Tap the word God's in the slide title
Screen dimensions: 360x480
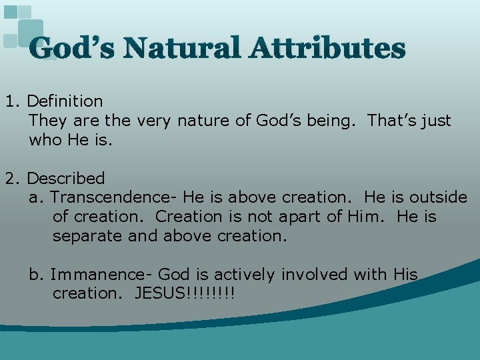coord(71,48)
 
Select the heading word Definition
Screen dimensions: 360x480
coord(65,101)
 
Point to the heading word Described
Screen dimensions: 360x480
coord(66,179)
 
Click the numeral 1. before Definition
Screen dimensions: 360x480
coord(13,101)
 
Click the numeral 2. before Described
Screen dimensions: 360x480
coord(13,179)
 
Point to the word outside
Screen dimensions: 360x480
coord(438,198)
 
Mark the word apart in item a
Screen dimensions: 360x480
coord(298,217)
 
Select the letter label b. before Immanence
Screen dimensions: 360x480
coord(37,275)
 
